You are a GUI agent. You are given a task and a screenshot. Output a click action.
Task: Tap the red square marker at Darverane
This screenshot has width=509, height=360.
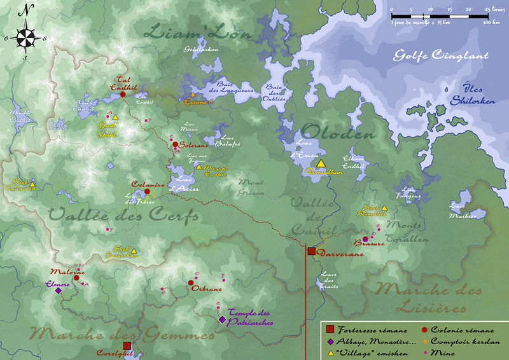(311, 251)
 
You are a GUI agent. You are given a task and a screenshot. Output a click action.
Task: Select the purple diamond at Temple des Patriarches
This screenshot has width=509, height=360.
(222, 320)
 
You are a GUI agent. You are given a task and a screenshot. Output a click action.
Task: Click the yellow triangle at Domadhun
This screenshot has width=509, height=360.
(321, 163)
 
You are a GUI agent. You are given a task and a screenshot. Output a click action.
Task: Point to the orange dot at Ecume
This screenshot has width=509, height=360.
(193, 95)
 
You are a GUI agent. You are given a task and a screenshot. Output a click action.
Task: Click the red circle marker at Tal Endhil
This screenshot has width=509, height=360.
(123, 94)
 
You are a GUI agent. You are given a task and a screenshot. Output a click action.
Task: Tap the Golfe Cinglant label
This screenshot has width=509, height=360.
(440, 55)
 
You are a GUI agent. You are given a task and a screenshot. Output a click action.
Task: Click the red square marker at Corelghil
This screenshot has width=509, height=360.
(127, 345)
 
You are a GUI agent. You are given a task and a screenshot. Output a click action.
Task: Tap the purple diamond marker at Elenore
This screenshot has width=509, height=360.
(59, 291)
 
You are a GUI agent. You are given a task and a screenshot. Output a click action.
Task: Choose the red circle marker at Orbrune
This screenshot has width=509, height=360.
(191, 283)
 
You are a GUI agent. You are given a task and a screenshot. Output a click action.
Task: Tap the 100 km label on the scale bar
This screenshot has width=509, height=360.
(490, 23)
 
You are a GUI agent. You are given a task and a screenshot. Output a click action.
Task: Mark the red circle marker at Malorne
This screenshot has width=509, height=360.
(76, 277)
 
